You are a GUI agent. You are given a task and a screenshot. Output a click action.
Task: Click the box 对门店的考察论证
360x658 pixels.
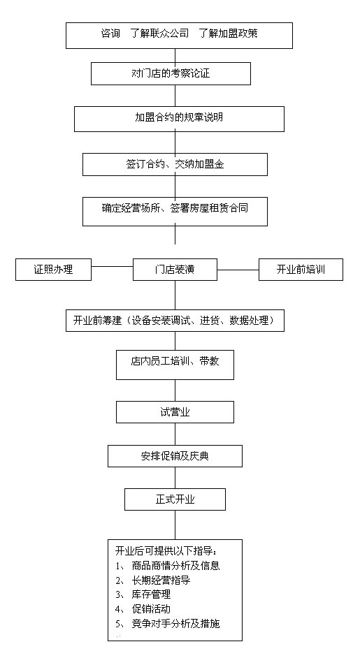pyautogui.click(x=171, y=74)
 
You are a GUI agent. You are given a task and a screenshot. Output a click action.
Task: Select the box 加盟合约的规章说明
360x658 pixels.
pyautogui.click(x=180, y=119)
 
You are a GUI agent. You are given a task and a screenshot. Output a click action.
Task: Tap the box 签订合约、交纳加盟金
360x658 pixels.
pyautogui.click(x=175, y=164)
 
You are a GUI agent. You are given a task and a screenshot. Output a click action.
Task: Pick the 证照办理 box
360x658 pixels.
pyautogui.click(x=53, y=270)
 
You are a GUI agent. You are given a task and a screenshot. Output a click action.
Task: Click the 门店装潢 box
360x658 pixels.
pyautogui.click(x=175, y=270)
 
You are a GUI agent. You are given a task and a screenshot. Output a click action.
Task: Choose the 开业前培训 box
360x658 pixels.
pyautogui.click(x=301, y=270)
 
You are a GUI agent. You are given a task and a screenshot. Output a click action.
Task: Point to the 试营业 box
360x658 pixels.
pyautogui.click(x=175, y=412)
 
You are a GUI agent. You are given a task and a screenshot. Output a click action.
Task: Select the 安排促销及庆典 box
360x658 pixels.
pyautogui.click(x=175, y=455)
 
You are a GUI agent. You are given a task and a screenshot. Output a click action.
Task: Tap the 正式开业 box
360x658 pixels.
pyautogui.click(x=175, y=499)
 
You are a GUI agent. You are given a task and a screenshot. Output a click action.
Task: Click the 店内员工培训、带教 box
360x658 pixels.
pyautogui.click(x=175, y=364)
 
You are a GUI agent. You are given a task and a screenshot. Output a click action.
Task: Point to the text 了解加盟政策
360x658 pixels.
pyautogui.click(x=228, y=34)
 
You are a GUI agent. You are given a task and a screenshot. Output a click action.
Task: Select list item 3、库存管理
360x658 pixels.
pyautogui.click(x=143, y=594)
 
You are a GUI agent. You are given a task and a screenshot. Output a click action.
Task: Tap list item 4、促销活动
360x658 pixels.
pyautogui.click(x=143, y=608)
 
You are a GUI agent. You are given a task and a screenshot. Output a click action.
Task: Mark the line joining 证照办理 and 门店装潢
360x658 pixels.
pyautogui.click(x=112, y=266)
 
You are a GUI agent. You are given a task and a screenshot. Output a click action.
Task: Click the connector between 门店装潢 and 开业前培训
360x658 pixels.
pyautogui.click(x=238, y=270)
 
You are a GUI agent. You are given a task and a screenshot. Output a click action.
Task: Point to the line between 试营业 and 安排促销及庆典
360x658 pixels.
pyautogui.click(x=175, y=434)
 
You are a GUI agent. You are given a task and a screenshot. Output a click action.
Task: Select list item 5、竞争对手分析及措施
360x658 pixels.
pyautogui.click(x=168, y=624)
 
